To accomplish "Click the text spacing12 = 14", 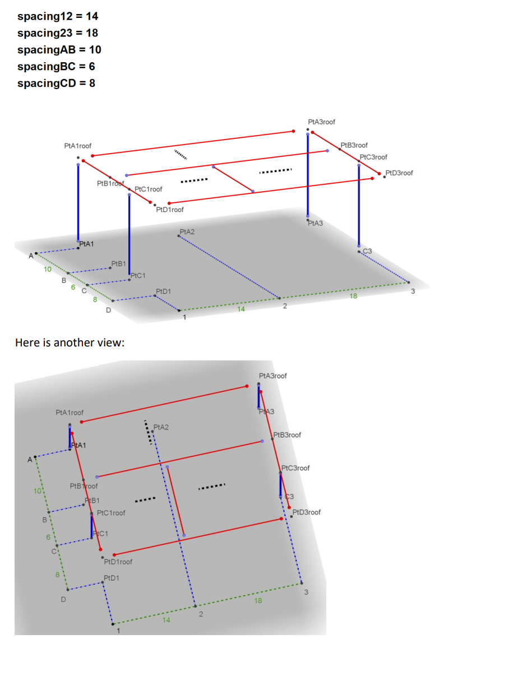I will pos(58,16).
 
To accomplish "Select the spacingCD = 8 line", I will pos(56,83).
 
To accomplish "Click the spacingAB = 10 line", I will pos(59,50).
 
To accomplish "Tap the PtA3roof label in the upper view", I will pos(322,122).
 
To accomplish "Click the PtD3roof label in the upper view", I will pos(399,173).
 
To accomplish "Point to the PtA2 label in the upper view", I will pos(187,231).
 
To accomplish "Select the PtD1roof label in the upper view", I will pos(170,210).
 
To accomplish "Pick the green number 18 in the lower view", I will pos(258,600).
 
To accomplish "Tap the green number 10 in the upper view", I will pos(48,269).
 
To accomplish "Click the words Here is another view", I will pos(70,342).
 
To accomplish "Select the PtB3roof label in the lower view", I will pos(287,435).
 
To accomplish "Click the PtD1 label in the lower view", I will pos(112,578).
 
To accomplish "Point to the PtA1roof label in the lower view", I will pos(70,413).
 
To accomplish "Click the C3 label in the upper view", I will pos(368,251).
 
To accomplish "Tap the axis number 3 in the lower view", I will pos(306,592).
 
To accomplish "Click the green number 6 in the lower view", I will pos(48,537).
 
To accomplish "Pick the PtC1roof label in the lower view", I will pos(111,513).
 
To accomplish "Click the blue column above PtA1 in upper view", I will pos(78,202).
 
